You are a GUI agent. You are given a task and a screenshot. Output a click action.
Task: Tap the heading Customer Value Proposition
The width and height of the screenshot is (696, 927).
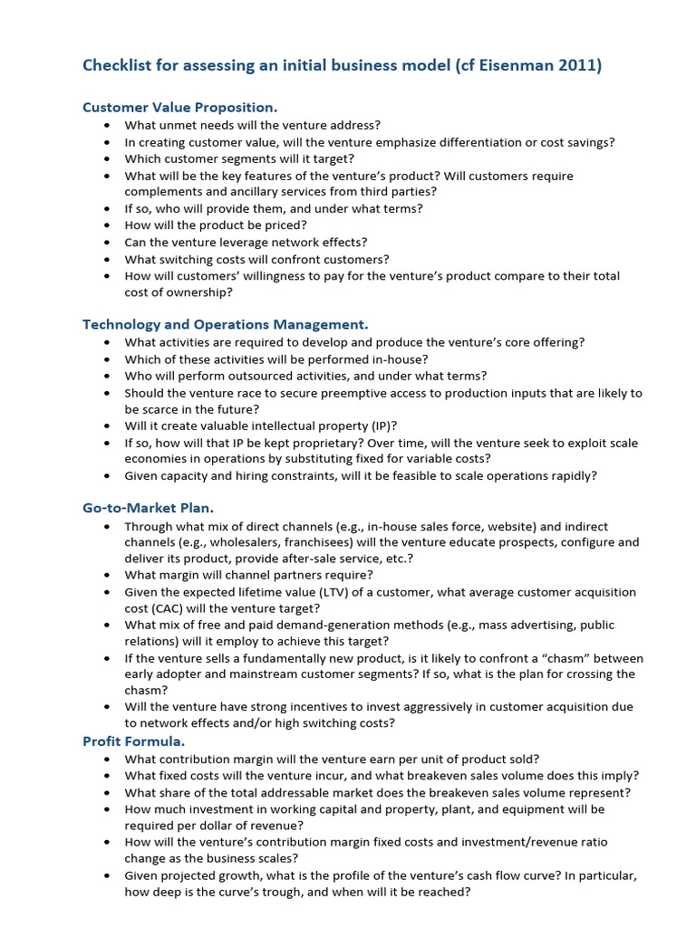pos(179,107)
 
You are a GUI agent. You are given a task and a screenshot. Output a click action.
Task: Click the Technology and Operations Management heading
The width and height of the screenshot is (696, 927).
pos(225,324)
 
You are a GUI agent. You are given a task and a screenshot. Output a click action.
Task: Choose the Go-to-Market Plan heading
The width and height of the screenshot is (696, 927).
pos(148,508)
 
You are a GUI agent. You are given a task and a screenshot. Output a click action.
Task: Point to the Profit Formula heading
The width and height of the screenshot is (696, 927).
pos(133,741)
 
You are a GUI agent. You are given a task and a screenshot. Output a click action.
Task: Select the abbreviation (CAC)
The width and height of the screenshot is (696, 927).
pos(181,608)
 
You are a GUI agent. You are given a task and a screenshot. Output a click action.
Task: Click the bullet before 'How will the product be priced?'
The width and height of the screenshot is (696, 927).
pos(108,225)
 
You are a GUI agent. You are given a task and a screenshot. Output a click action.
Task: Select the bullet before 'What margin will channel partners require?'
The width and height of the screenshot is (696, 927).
pos(108,576)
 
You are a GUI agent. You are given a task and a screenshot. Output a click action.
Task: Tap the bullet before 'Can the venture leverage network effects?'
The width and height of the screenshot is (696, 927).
pos(108,243)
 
